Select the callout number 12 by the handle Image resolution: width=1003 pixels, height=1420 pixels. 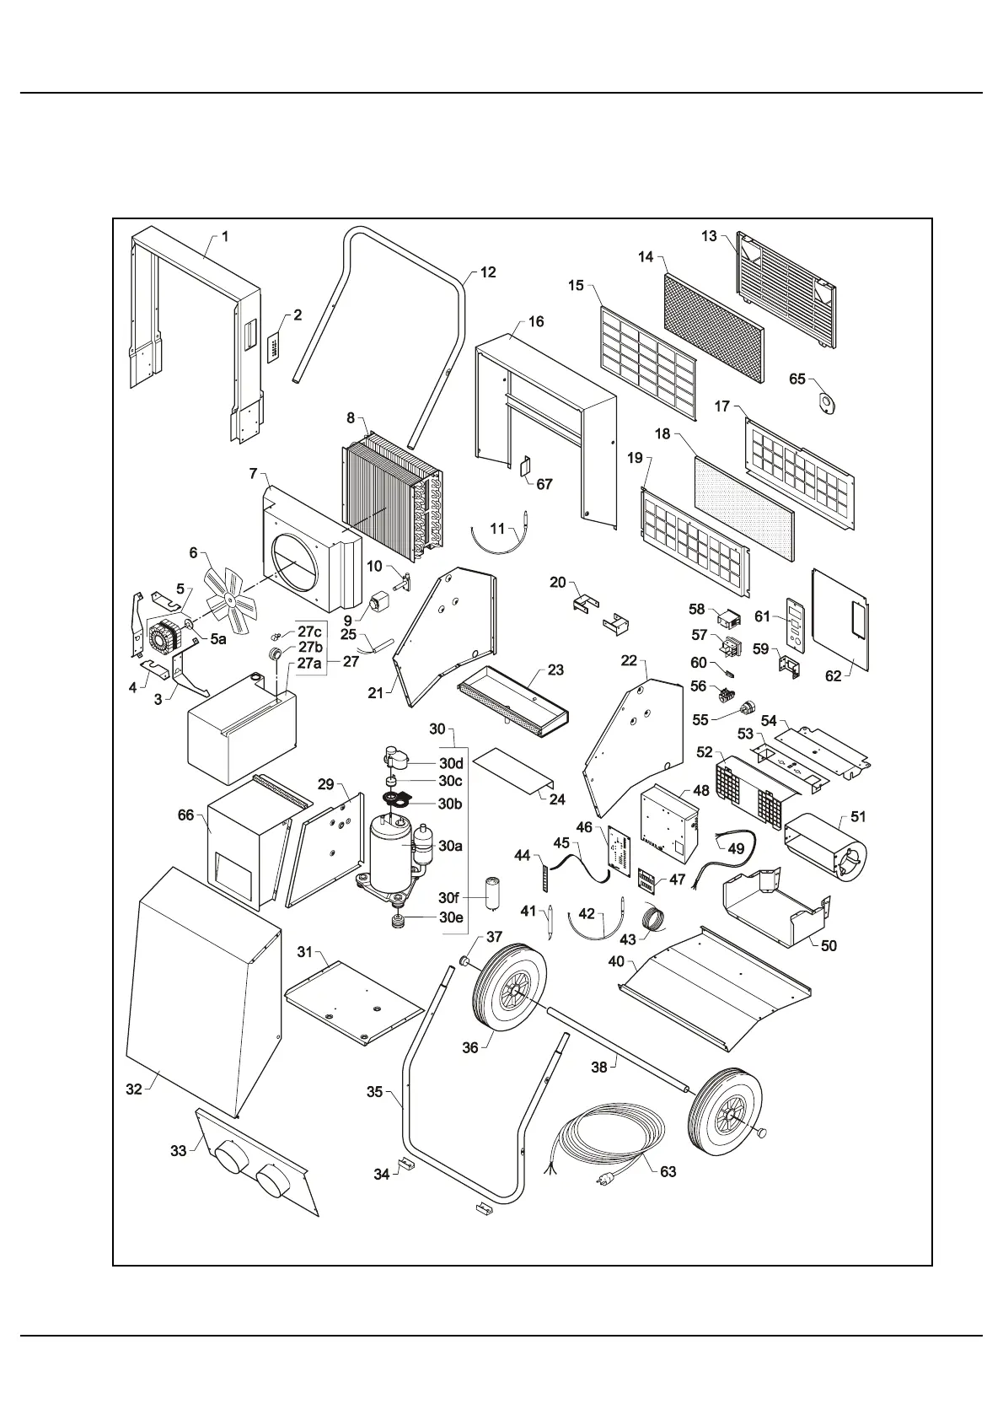[488, 272]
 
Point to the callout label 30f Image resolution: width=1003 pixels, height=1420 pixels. [451, 898]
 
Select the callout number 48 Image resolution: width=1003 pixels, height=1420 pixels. [701, 792]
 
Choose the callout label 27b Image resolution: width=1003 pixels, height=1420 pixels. [310, 647]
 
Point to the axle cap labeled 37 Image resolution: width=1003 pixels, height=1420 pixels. [464, 960]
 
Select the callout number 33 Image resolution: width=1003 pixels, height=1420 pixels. [178, 1150]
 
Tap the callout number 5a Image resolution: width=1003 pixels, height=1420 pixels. [217, 639]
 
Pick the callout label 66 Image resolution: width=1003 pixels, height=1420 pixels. [186, 815]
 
